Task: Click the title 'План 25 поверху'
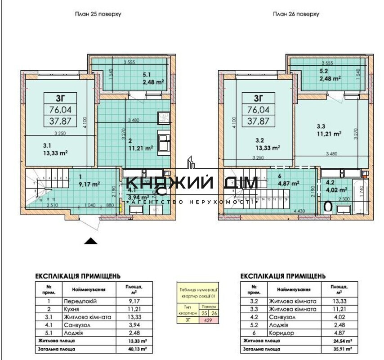point(98,14)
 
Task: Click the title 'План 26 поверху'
point(296,14)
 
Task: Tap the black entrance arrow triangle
point(91,241)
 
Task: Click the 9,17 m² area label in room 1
point(89,183)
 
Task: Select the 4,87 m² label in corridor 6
point(289,183)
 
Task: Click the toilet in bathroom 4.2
point(329,207)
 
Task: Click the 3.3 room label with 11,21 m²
point(329,130)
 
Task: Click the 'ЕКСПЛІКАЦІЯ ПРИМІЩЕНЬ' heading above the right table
point(283,276)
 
